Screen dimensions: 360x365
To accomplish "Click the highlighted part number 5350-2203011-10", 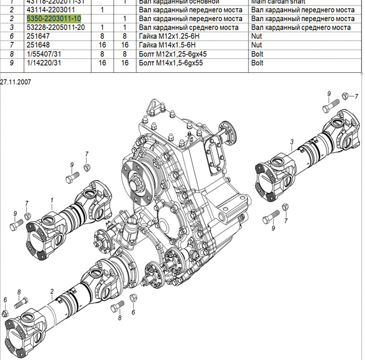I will point(53,19).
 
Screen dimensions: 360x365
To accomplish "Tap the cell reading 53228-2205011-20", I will point(56,28).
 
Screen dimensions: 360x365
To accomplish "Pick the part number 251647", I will point(38,36).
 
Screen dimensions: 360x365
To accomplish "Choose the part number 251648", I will point(38,45).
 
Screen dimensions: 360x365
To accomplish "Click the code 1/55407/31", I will point(44,54).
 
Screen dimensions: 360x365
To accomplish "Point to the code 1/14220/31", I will point(44,63).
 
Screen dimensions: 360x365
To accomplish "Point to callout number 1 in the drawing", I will point(52,200).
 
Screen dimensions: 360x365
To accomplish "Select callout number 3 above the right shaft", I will point(292,142).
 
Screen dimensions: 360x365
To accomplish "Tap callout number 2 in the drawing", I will point(52,291).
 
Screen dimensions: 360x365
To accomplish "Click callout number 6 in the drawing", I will point(5,301).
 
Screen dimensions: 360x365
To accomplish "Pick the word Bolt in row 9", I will point(257,63).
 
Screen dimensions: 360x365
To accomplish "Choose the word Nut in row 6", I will point(256,36).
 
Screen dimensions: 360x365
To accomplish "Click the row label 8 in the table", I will point(11,54).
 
